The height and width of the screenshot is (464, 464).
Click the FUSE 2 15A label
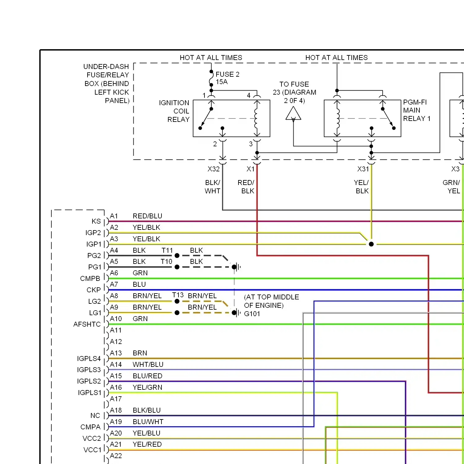[x=227, y=78]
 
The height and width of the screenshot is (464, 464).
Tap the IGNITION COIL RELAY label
[x=174, y=111]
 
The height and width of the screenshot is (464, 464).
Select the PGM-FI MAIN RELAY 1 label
[x=416, y=110]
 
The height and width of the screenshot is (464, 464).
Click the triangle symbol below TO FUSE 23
[x=293, y=114]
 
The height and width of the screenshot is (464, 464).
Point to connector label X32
[x=213, y=169]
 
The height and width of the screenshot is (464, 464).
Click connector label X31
[x=363, y=169]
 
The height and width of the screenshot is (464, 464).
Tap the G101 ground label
[x=252, y=314]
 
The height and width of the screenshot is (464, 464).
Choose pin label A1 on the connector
[x=114, y=216]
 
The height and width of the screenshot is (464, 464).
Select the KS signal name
[x=96, y=221]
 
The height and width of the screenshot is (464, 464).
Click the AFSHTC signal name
[x=87, y=324]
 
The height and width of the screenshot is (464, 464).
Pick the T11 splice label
[x=167, y=250]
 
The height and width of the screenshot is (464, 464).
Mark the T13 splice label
[x=178, y=295]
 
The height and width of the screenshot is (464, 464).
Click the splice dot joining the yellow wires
[x=371, y=244]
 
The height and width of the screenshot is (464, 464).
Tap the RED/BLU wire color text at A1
[x=147, y=216]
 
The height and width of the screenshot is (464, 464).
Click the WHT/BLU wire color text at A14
[x=148, y=364]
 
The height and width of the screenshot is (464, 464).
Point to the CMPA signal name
[x=90, y=427]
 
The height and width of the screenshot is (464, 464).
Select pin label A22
[x=116, y=456]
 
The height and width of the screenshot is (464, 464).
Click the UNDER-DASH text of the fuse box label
[x=106, y=67]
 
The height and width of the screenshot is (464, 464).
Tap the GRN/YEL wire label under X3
[x=451, y=187]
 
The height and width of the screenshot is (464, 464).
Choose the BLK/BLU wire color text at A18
[x=147, y=410]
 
